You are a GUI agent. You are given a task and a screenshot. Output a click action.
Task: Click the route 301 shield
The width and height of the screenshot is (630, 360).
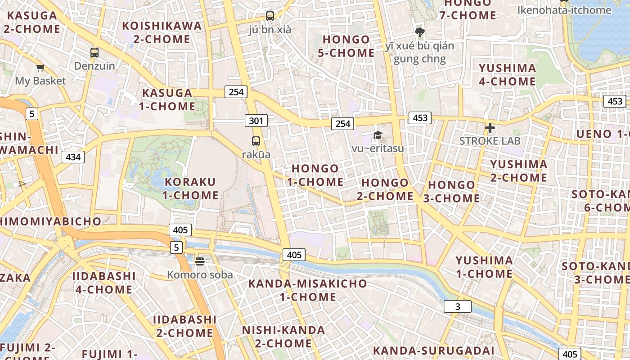point(256,121)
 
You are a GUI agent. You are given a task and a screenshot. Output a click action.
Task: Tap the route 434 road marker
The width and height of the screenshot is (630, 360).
point(73,157)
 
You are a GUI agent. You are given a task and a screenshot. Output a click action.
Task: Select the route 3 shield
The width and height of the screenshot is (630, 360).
point(458,306)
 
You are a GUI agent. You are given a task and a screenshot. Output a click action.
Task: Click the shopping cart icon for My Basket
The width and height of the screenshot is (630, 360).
point(40,68)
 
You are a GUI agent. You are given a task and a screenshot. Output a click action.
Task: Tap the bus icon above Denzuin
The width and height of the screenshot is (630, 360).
point(94,52)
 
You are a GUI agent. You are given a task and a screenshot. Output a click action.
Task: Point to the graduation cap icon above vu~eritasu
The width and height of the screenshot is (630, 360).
point(378,135)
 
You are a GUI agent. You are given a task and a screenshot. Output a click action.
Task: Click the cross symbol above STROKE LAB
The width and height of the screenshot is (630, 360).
point(490,128)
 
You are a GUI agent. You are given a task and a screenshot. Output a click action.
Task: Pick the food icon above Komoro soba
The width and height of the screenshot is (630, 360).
point(200,261)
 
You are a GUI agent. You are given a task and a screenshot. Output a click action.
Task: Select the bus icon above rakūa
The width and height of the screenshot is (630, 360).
point(256,141)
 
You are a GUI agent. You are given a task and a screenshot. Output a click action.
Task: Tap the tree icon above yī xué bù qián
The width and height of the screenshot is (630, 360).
point(420,32)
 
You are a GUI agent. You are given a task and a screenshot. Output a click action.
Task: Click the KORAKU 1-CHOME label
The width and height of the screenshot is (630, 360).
point(190,189)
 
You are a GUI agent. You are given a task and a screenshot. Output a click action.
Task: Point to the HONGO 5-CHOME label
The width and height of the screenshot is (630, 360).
point(346,46)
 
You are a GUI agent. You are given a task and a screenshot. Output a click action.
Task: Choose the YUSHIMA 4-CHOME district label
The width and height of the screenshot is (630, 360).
point(507,75)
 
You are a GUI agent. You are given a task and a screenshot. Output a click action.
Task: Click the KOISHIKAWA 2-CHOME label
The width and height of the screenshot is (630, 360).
point(162,32)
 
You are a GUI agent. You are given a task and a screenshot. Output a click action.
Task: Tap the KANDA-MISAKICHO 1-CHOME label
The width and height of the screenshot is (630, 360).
point(308,290)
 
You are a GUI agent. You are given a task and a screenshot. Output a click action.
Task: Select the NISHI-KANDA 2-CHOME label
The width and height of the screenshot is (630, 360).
point(283,337)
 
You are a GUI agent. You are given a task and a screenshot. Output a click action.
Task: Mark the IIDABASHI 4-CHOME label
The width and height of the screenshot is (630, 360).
point(104,283)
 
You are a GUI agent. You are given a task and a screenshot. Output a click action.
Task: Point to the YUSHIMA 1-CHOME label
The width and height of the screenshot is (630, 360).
point(484,267)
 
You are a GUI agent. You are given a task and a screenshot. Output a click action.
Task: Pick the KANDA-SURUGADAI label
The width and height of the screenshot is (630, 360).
point(433,351)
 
